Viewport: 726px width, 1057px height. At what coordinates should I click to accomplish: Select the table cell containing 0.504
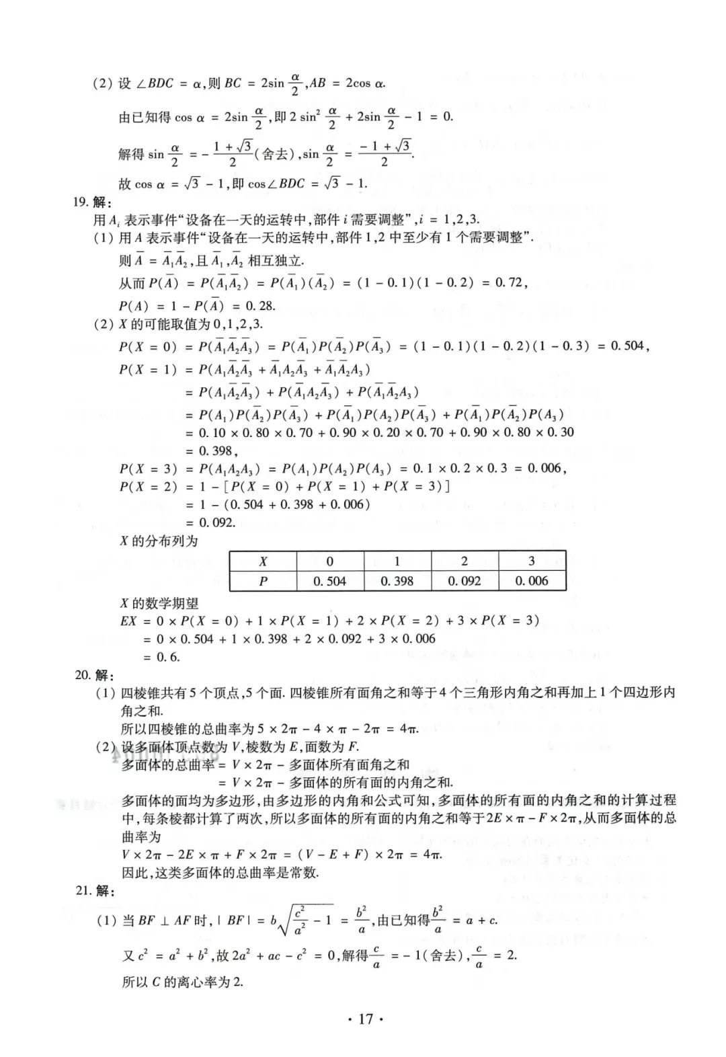(329, 581)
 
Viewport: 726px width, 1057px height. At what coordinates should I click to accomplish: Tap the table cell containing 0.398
(397, 581)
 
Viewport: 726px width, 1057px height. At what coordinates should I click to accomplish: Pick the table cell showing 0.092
(465, 581)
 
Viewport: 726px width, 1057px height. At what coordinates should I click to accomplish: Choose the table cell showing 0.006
(532, 581)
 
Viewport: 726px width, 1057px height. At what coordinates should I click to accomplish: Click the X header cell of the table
(263, 561)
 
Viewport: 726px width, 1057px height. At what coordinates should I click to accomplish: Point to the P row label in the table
(263, 581)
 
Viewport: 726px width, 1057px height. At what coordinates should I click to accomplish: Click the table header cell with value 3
(532, 561)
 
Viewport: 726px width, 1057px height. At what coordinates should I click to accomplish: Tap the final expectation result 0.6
(168, 657)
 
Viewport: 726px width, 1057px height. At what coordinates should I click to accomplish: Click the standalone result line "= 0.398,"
(212, 451)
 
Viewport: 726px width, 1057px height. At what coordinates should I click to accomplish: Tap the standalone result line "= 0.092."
(211, 522)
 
